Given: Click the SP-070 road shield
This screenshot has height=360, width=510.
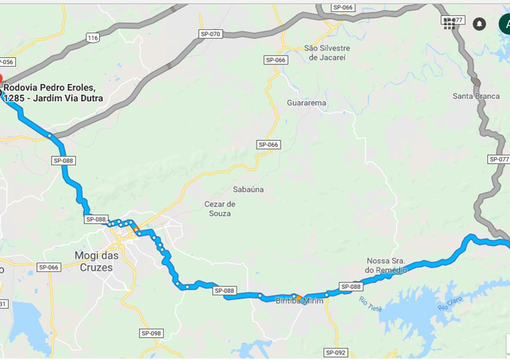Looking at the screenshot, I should pyautogui.click(x=210, y=34).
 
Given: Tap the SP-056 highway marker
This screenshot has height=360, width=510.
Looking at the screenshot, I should pyautogui.click(x=6, y=62).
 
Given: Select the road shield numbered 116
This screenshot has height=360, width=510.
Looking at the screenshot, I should pyautogui.click(x=93, y=38).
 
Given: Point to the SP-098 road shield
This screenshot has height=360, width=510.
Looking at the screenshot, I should pyautogui.click(x=151, y=333).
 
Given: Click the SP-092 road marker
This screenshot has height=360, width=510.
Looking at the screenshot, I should pyautogui.click(x=335, y=352).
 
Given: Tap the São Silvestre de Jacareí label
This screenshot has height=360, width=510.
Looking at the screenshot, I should pyautogui.click(x=327, y=53).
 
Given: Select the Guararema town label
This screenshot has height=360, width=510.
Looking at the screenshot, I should pyautogui.click(x=307, y=103).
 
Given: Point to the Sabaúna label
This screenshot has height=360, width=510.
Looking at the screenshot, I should pyautogui.click(x=248, y=189).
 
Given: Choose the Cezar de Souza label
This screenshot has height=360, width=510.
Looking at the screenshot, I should pyautogui.click(x=220, y=208).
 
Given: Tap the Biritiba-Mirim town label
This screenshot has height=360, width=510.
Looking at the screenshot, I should pyautogui.click(x=300, y=301).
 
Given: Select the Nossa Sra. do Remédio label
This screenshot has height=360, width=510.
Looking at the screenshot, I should pyautogui.click(x=386, y=265).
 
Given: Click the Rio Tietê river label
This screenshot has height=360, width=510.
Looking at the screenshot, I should pyautogui.click(x=370, y=304).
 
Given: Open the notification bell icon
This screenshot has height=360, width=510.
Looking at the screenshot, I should pyautogui.click(x=479, y=24).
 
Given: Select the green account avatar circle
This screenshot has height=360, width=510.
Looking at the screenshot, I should pyautogui.click(x=504, y=24).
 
